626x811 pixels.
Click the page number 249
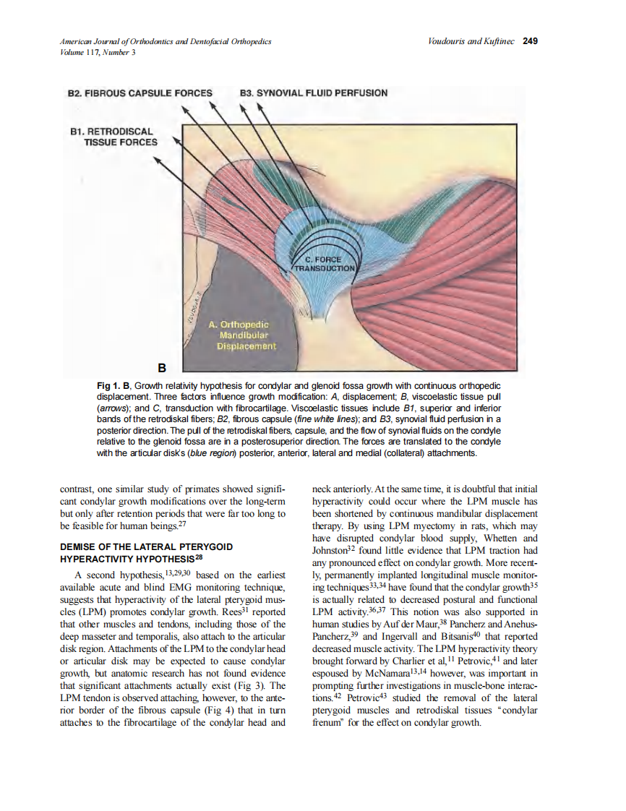tap(530, 41)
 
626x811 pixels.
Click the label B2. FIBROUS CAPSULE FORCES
tap(140, 93)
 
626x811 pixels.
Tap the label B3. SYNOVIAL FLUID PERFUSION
tap(313, 93)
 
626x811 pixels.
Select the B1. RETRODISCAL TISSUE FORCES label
tap(113, 137)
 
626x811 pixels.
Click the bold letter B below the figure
tap(172, 367)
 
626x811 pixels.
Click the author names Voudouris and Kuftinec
tap(471, 41)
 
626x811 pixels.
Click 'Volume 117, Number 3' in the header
tap(98, 52)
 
